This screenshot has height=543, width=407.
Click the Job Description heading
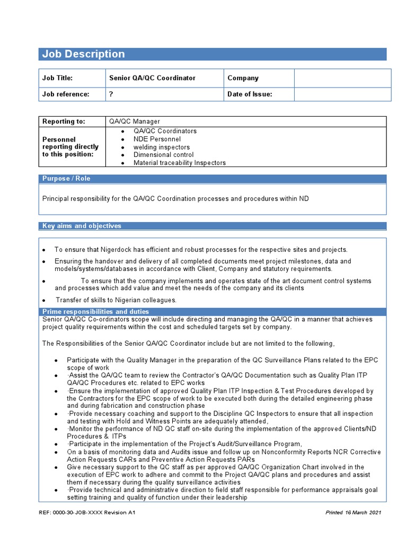(x=83, y=54)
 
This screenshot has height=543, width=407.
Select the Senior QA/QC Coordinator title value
(x=152, y=78)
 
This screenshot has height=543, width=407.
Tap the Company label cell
(x=243, y=78)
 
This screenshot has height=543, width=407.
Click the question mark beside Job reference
(x=111, y=94)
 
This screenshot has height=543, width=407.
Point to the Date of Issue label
(x=250, y=94)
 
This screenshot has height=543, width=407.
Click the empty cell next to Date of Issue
(x=342, y=94)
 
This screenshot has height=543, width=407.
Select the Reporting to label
(x=64, y=121)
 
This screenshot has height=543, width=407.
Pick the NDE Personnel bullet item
(x=157, y=139)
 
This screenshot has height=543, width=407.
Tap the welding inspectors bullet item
(x=161, y=147)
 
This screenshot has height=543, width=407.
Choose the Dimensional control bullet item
(x=163, y=155)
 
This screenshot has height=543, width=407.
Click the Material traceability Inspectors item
(x=179, y=163)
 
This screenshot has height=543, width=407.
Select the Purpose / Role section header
(x=66, y=179)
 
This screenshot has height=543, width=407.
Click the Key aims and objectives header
(x=82, y=226)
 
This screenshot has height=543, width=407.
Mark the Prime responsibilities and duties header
(x=95, y=312)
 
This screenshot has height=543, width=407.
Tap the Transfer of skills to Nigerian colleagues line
(x=116, y=300)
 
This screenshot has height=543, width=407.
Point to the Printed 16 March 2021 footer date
(x=353, y=513)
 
